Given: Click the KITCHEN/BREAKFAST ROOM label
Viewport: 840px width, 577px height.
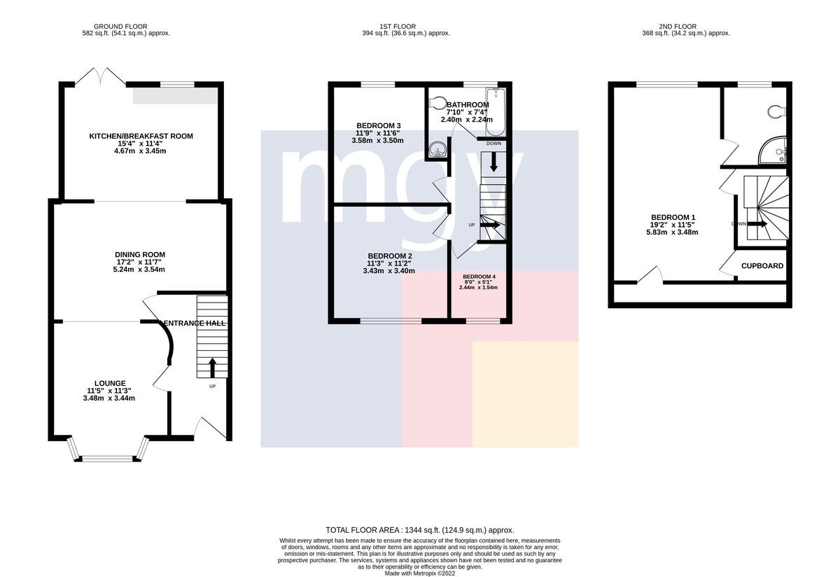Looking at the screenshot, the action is click(141, 136).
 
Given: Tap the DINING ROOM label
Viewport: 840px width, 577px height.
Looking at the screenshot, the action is click(140, 255).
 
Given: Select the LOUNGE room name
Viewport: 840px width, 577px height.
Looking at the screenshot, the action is click(110, 384).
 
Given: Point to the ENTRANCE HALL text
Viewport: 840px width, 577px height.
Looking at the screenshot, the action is click(195, 324).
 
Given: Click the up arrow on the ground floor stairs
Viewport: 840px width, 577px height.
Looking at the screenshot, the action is click(212, 368).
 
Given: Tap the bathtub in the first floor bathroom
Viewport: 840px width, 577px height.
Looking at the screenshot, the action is click(496, 112).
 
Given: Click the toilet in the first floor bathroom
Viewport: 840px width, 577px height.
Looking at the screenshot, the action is click(436, 102).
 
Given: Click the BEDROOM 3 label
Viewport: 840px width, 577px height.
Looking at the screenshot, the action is click(379, 125).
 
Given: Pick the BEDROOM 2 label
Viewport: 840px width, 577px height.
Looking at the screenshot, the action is click(390, 256).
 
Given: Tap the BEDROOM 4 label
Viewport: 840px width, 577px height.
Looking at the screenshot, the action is click(479, 277).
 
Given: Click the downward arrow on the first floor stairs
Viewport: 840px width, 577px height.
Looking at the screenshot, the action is click(493, 162).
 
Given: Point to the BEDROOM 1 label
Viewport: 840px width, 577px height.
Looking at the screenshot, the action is click(673, 218).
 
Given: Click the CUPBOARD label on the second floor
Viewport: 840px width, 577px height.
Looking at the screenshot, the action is click(762, 266).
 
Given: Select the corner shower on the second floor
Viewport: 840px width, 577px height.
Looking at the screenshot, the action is click(773, 151).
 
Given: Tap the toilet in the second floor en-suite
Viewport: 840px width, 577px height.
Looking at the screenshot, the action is click(776, 112).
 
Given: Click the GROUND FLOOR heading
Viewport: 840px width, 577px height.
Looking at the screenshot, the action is click(120, 27).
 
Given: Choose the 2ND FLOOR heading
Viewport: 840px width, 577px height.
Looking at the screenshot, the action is click(678, 27).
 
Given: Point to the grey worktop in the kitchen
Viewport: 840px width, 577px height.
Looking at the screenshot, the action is click(175, 96).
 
